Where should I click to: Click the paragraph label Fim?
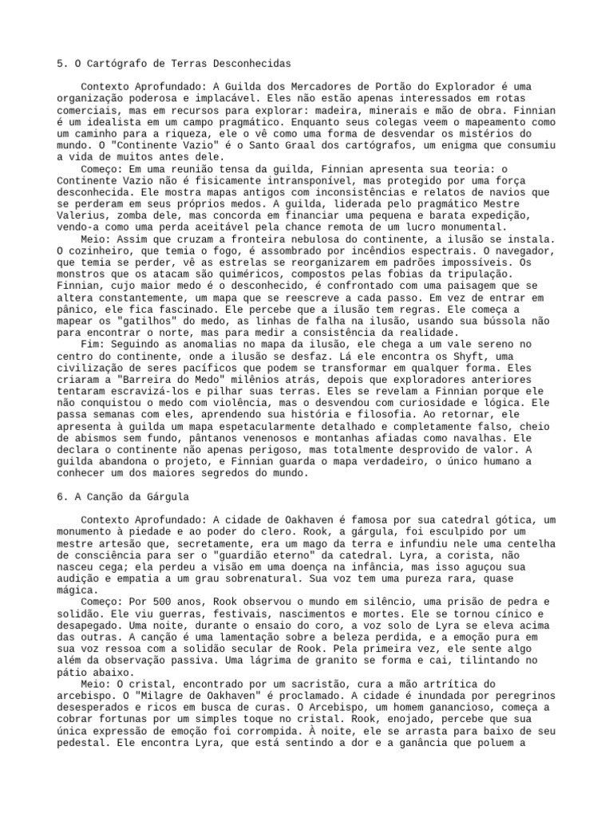coord(93,343)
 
